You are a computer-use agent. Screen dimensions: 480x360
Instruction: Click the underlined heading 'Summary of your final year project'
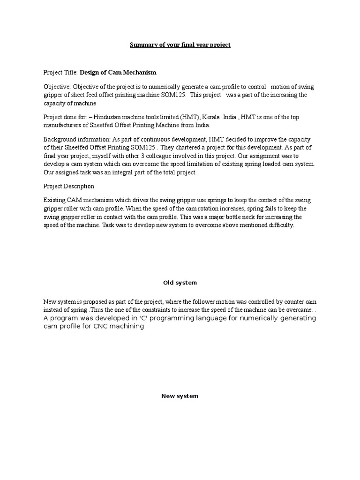pyautogui.click(x=180, y=45)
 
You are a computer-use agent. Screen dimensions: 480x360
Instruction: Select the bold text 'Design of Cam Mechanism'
pyautogui.click(x=118, y=73)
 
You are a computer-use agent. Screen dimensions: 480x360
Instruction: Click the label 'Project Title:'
pyautogui.click(x=60, y=73)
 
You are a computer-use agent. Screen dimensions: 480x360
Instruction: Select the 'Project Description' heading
pyautogui.click(x=69, y=186)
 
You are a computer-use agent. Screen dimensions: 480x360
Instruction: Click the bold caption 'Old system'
pyautogui.click(x=180, y=283)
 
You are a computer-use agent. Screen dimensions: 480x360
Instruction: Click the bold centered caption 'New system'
pyautogui.click(x=180, y=396)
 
